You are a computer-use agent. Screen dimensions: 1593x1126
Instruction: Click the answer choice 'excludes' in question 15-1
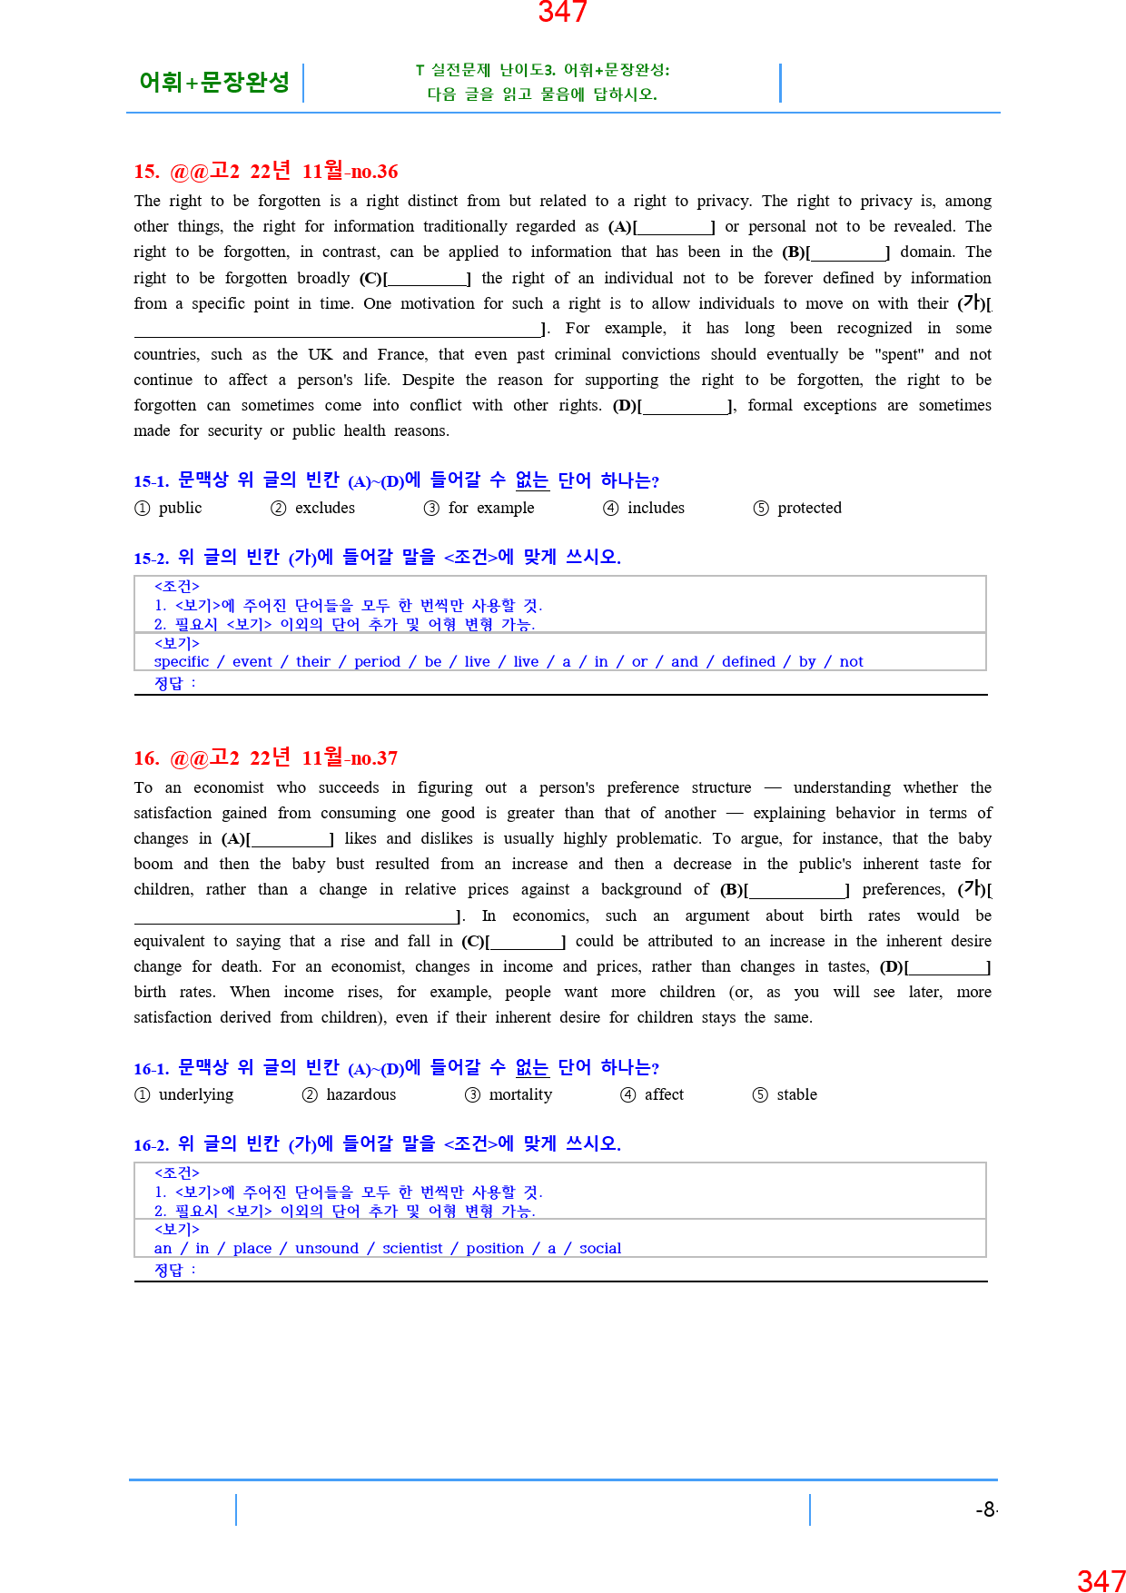click(324, 508)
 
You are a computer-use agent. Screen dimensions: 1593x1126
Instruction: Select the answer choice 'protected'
click(808, 508)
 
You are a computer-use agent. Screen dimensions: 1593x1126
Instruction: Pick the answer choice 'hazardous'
click(361, 1094)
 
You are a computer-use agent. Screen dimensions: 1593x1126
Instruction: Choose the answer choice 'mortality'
click(519, 1094)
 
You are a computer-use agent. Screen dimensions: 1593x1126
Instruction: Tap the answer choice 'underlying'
click(195, 1094)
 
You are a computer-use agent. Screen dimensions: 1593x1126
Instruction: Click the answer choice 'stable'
click(796, 1094)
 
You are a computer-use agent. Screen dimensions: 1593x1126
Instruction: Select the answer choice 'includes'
click(656, 508)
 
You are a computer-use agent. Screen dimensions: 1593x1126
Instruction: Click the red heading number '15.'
click(146, 172)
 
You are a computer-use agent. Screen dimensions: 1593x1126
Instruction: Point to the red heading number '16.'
click(146, 758)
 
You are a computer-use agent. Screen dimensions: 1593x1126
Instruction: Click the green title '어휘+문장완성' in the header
click(214, 83)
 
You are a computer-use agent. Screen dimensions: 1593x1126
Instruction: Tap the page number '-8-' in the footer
click(986, 1509)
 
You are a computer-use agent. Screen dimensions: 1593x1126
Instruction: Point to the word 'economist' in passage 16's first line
click(229, 787)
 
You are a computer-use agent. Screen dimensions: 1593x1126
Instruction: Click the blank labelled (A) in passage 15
click(674, 227)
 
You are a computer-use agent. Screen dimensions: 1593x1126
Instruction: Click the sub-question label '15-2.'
click(151, 558)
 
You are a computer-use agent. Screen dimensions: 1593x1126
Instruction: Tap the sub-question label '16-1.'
click(151, 1069)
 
